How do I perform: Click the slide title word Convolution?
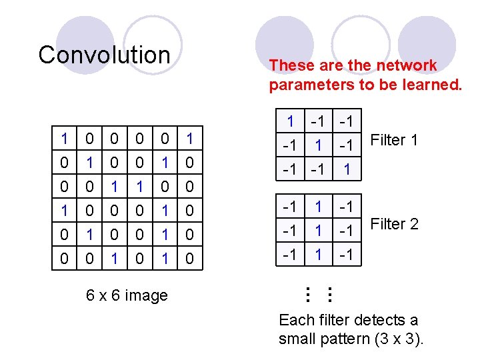(104, 55)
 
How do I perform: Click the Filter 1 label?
(394, 140)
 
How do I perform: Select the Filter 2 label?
(394, 224)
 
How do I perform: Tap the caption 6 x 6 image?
(127, 295)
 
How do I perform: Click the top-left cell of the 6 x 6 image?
(64, 139)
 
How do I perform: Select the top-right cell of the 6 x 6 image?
(190, 139)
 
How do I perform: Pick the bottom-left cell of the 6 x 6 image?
(64, 257)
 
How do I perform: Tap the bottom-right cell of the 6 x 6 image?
(190, 257)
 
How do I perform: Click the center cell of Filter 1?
(319, 145)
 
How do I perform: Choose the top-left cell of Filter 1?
(290, 121)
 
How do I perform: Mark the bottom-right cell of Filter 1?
(347, 169)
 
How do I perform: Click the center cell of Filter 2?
(319, 230)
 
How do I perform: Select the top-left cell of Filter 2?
(290, 206)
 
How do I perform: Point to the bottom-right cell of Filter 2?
(347, 254)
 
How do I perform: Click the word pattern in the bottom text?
(338, 339)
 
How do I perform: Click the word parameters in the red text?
(311, 85)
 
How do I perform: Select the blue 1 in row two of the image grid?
(89, 163)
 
